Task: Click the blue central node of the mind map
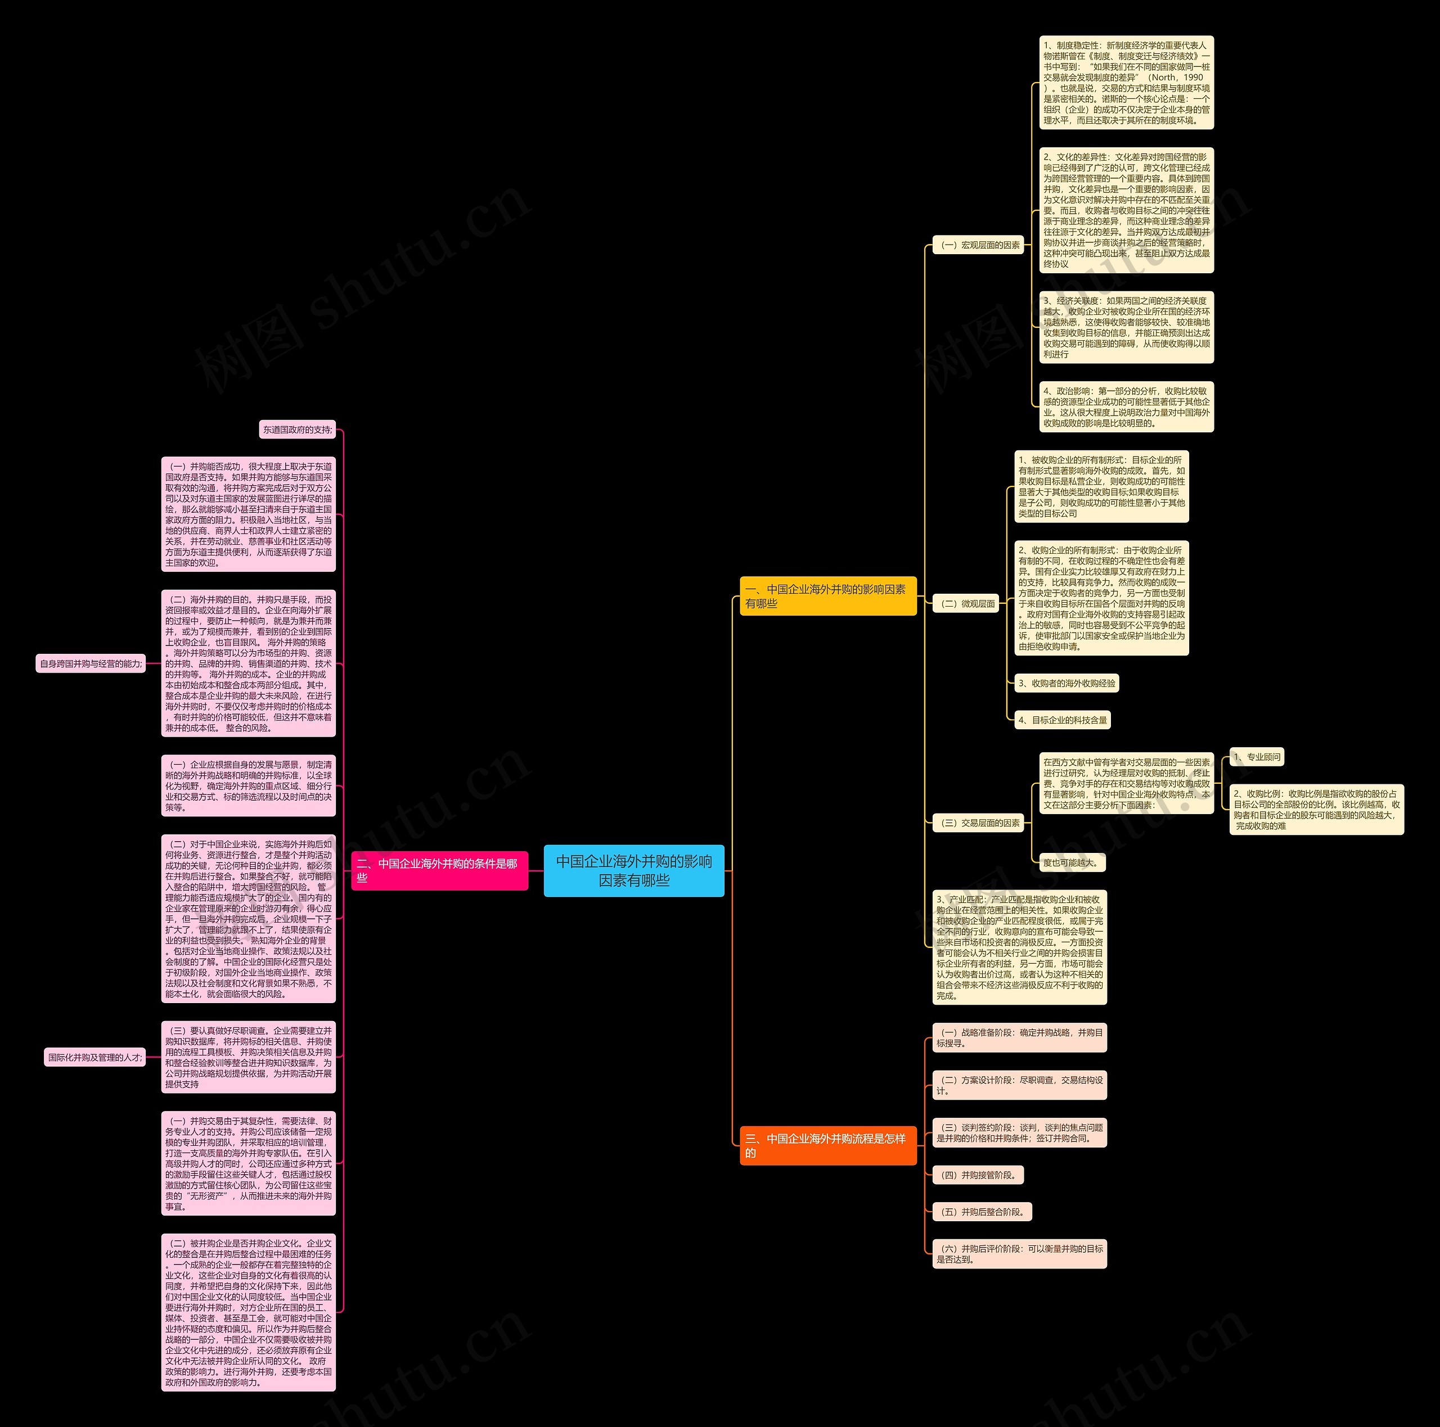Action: pyautogui.click(x=633, y=870)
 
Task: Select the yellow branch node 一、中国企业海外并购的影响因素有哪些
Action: pyautogui.click(x=827, y=596)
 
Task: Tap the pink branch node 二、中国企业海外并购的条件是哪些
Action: pyautogui.click(x=440, y=870)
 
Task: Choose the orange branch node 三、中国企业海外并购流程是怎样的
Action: pyautogui.click(x=827, y=1145)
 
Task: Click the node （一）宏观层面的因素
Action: pyautogui.click(x=979, y=245)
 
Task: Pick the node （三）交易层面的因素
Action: pyautogui.click(x=979, y=823)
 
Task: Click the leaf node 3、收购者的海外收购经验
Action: pyautogui.click(x=1066, y=683)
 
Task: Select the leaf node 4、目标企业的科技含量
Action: pyautogui.click(x=1062, y=720)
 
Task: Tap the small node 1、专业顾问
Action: pyautogui.click(x=1257, y=757)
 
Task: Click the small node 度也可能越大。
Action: pyautogui.click(x=1072, y=863)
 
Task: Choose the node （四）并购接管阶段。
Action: pyautogui.click(x=978, y=1175)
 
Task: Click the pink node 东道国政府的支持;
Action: pyautogui.click(x=298, y=430)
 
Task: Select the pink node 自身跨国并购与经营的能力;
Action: pyautogui.click(x=90, y=663)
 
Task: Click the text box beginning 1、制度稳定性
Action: pyautogui.click(x=1126, y=83)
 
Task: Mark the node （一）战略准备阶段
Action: pyautogui.click(x=1019, y=1037)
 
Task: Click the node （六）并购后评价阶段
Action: pyautogui.click(x=1019, y=1253)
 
